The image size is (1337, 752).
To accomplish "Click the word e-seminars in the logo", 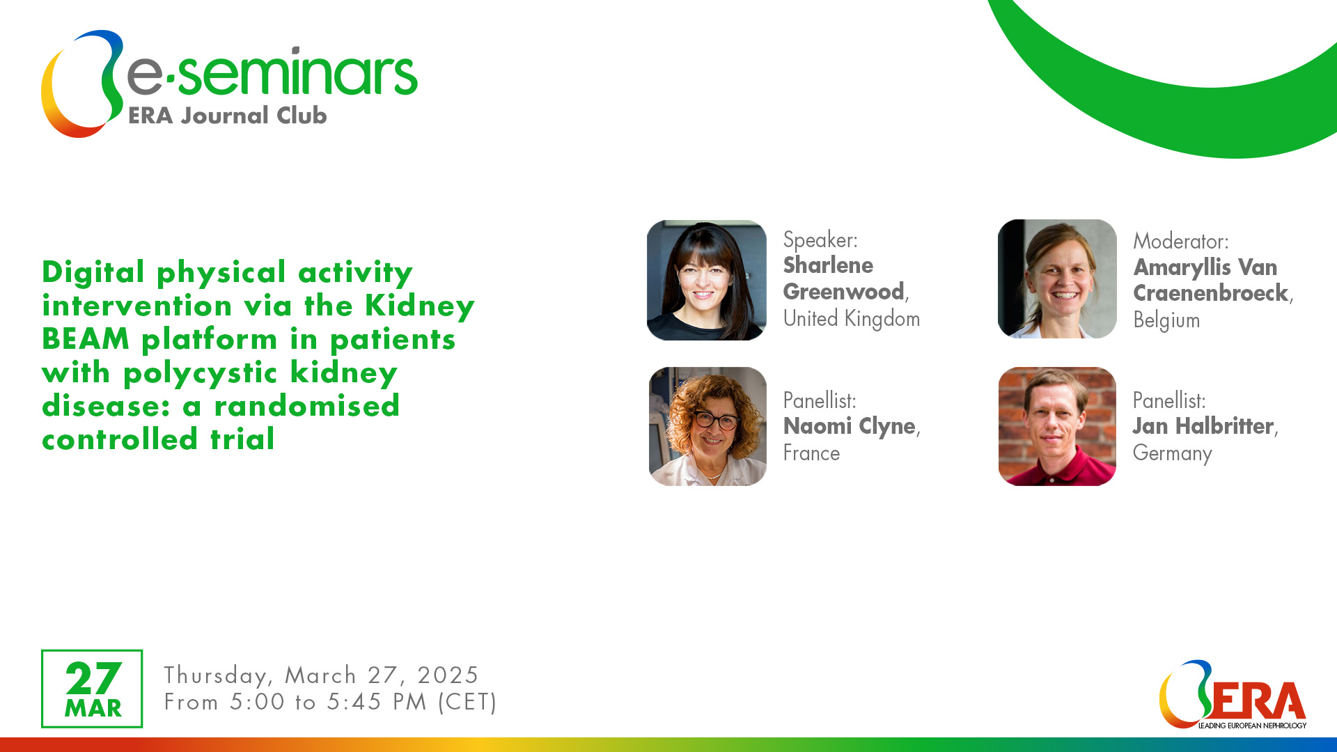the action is [272, 72].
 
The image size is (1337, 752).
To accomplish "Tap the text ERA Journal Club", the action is [228, 116].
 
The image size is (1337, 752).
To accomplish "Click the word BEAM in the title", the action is [86, 339].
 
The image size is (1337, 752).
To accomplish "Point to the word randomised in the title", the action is [307, 406].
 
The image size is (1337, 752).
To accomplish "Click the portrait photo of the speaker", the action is [707, 280].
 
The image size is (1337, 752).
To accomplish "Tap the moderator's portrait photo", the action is [1057, 279].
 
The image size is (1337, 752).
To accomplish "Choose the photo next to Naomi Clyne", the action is [707, 426].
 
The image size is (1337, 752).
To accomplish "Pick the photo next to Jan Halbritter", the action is [1057, 426].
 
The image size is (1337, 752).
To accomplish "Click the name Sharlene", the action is [828, 265].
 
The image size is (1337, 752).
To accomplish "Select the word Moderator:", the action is [1181, 241].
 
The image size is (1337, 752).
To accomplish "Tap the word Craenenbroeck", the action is [1211, 293].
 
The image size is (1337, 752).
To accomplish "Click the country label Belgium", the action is [1167, 320].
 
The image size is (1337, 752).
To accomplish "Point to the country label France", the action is [812, 453].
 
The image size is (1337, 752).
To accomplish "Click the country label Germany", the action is [1173, 453].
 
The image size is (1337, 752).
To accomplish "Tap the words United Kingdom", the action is [852, 319].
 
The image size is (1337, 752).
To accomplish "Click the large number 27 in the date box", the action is [93, 678].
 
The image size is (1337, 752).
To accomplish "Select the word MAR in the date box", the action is [93, 708].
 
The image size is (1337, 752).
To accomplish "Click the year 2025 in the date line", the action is [448, 675].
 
